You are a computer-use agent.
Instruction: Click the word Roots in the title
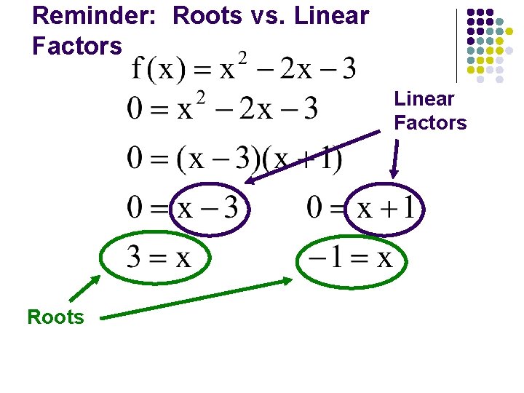[x=207, y=15]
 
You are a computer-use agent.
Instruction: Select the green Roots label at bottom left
[x=55, y=317]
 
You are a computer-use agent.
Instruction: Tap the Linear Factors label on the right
[x=430, y=111]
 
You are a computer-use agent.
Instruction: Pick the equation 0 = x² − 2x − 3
[x=222, y=109]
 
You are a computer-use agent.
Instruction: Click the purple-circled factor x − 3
[x=209, y=208]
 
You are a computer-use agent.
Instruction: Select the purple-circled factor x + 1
[x=384, y=208]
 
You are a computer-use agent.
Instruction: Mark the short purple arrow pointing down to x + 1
[x=397, y=159]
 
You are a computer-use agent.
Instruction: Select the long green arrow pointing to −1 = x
[x=196, y=298]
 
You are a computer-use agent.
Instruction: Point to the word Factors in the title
[x=77, y=46]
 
